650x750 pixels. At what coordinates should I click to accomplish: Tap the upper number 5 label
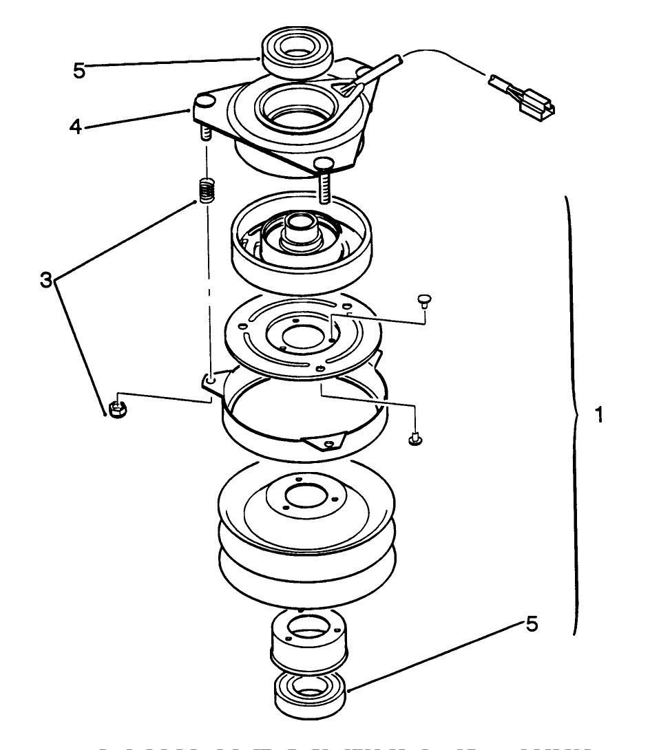coord(79,69)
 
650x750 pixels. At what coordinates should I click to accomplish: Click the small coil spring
coord(206,190)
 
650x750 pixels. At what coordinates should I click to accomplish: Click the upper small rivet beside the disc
coord(424,301)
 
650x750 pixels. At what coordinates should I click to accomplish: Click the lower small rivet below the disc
coord(415,438)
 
